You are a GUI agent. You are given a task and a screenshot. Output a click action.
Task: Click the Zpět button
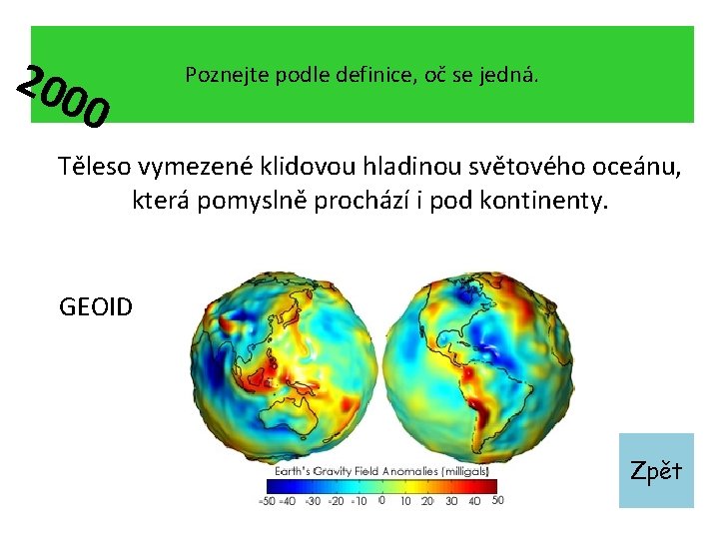[x=656, y=470]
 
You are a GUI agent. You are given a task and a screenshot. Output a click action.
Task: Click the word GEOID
[x=96, y=306]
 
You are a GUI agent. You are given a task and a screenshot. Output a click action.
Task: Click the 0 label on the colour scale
[x=381, y=500]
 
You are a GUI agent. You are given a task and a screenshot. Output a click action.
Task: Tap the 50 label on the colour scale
[x=497, y=500]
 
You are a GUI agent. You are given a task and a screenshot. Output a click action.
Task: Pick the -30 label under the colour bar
[x=312, y=500]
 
